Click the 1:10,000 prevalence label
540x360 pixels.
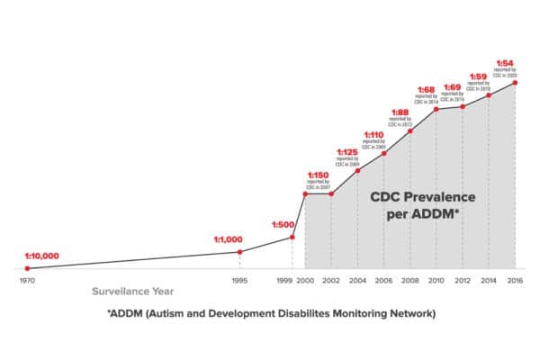(x=42, y=256)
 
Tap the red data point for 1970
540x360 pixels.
(x=27, y=268)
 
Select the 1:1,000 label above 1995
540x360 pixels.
(x=228, y=239)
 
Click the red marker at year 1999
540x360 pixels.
(x=292, y=237)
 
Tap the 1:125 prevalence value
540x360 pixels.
(x=347, y=151)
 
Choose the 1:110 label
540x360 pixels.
(x=373, y=133)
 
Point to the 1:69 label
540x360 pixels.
(x=454, y=89)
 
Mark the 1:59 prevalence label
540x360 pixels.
(x=480, y=76)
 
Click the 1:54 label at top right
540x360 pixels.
(x=506, y=62)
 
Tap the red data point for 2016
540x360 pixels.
(x=516, y=83)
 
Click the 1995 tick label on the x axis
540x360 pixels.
(x=239, y=281)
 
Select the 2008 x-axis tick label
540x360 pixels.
(x=409, y=281)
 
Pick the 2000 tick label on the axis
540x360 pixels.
(x=306, y=281)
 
